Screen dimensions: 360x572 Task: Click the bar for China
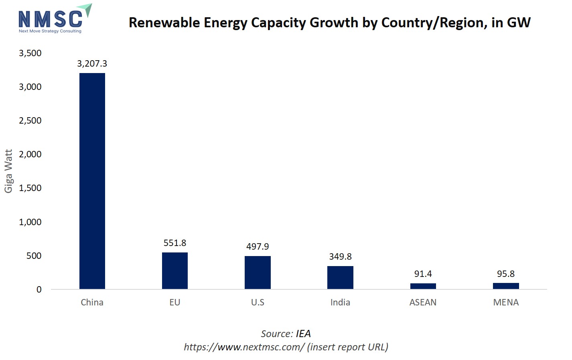pos(92,181)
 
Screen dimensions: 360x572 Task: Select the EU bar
pos(175,271)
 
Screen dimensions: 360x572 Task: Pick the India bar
pos(340,277)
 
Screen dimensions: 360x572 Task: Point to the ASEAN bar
pos(423,286)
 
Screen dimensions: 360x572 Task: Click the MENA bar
pos(506,286)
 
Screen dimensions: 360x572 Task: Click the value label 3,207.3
pos(92,64)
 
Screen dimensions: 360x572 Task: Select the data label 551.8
pos(175,243)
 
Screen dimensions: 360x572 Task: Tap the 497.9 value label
pos(258,247)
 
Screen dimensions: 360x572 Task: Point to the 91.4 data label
pos(423,274)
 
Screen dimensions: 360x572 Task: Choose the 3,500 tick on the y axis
pos(30,53)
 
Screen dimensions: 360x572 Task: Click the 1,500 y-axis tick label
pos(30,188)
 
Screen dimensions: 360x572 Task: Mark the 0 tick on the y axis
pos(39,290)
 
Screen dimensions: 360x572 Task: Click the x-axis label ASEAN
pos(423,303)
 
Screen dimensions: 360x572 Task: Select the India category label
pos(340,303)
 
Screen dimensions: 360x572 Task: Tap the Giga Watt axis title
pos(8,171)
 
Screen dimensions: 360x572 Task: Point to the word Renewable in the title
pos(164,23)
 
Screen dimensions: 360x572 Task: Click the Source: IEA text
pos(286,334)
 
